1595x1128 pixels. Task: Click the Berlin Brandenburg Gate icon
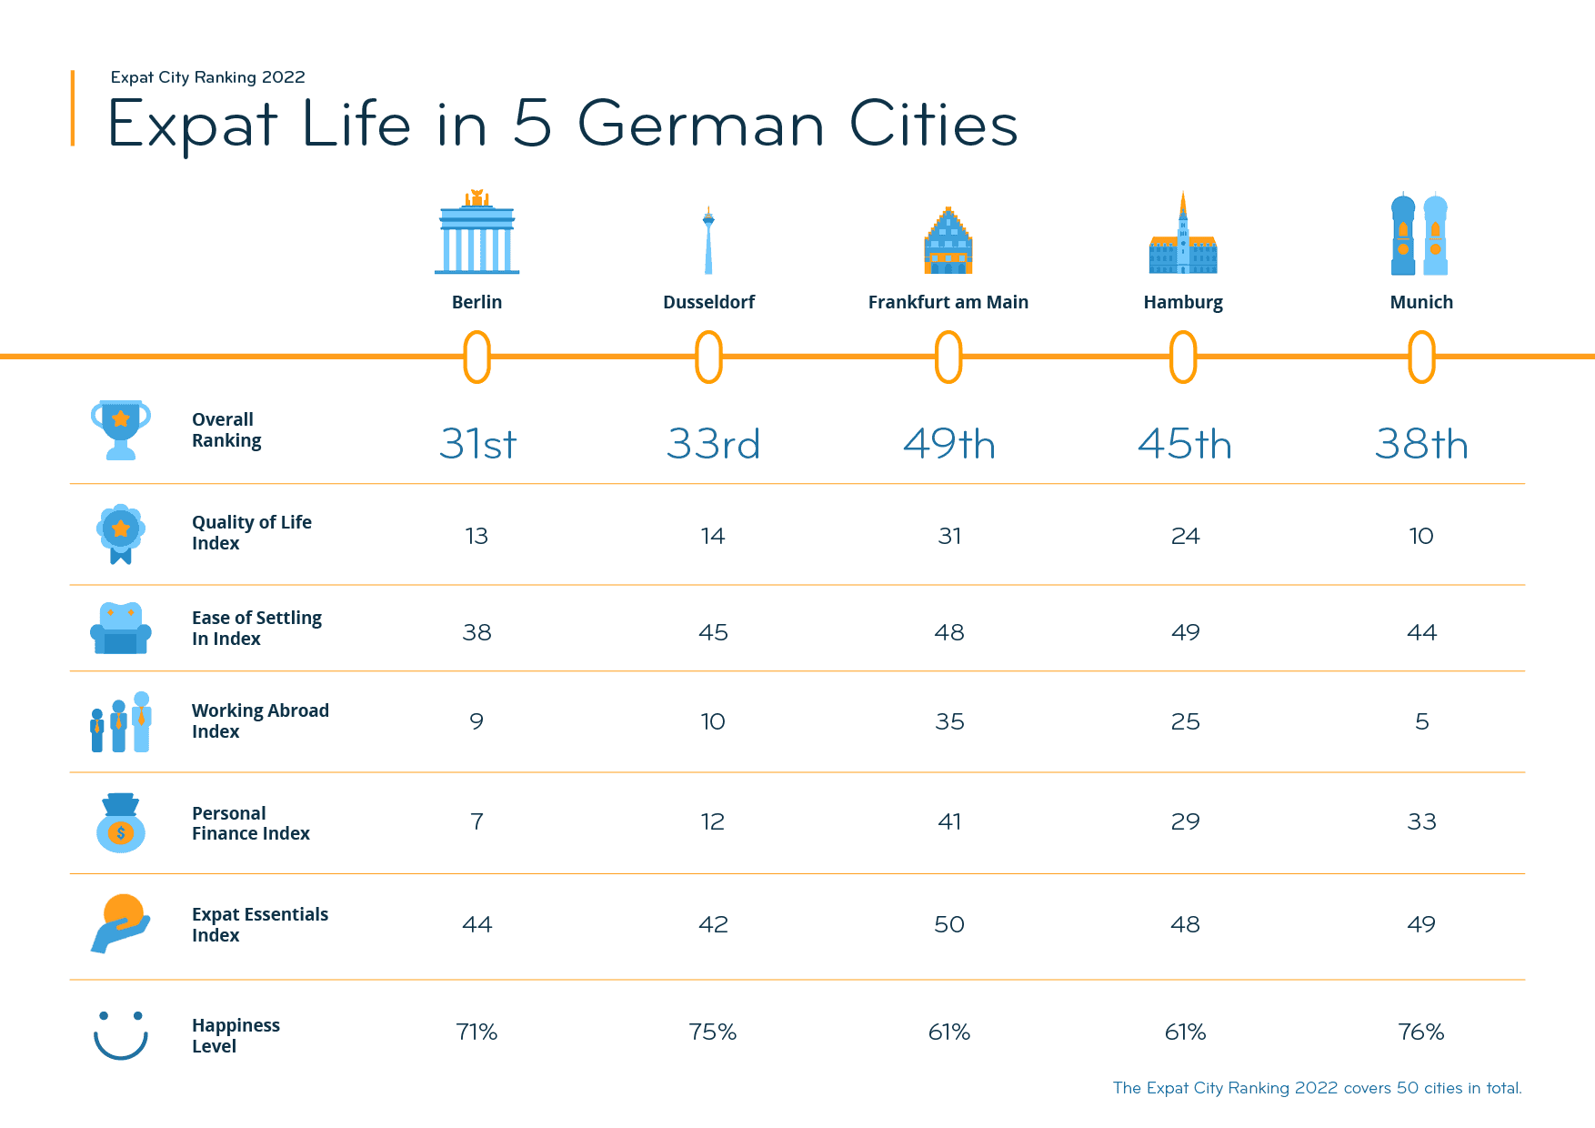tap(477, 233)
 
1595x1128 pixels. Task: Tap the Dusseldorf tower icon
tap(708, 240)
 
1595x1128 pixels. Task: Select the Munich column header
tap(1421, 302)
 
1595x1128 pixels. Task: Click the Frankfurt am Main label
tap(948, 302)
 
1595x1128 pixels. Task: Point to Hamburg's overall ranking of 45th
tap(1184, 444)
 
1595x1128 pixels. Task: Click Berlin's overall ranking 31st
tap(477, 444)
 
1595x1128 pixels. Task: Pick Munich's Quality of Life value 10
tap(1421, 536)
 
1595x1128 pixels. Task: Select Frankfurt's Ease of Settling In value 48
tap(948, 632)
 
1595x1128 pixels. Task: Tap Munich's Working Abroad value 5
tap(1421, 721)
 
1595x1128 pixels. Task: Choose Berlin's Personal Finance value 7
tap(476, 821)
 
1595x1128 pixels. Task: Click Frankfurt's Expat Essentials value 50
tap(948, 924)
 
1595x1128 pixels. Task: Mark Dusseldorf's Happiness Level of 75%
tap(712, 1032)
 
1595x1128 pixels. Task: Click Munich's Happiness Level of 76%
tap(1420, 1032)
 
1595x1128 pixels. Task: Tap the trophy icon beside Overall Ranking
tap(120, 429)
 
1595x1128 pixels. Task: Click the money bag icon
tap(121, 822)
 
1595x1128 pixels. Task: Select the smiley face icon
tap(121, 1035)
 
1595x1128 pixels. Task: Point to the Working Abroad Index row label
tap(260, 720)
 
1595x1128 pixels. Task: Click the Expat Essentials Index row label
tap(260, 924)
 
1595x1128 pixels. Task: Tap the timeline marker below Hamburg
tap(1183, 357)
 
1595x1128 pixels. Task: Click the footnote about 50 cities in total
tap(1317, 1088)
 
